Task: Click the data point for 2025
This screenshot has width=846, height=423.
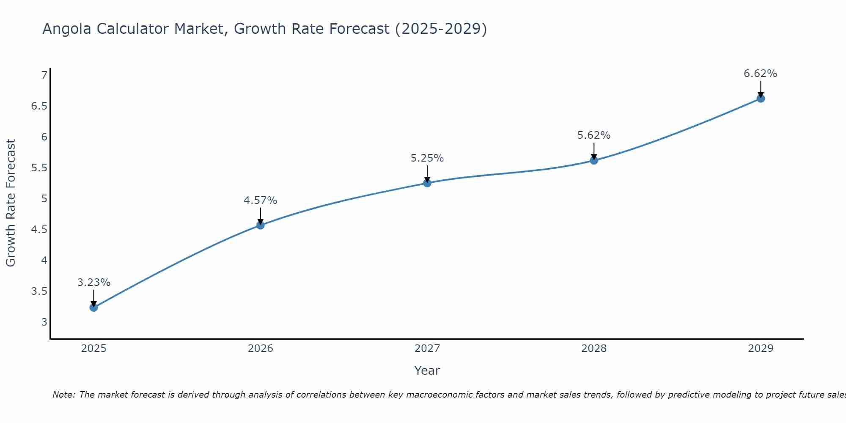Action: click(x=94, y=308)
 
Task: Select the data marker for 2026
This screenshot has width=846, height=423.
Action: click(x=261, y=225)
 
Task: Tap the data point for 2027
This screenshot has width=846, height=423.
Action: click(x=427, y=183)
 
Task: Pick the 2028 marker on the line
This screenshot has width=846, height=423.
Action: click(x=594, y=160)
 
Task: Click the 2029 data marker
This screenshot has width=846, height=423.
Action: click(x=761, y=99)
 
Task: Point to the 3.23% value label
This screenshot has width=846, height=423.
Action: click(x=94, y=283)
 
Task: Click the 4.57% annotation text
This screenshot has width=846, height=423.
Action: click(x=261, y=201)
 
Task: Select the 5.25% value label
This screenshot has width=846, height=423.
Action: click(x=427, y=158)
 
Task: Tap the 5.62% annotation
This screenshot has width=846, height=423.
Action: click(x=594, y=135)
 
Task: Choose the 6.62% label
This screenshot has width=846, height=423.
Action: click(x=761, y=74)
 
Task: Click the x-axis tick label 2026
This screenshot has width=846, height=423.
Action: click(x=261, y=349)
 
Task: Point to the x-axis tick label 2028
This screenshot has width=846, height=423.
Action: click(x=594, y=349)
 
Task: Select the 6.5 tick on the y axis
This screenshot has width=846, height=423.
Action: click(x=39, y=106)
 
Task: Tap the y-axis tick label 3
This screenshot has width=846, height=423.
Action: click(x=44, y=322)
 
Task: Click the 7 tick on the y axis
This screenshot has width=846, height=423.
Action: click(x=44, y=75)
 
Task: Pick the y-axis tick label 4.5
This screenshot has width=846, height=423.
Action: click(x=39, y=230)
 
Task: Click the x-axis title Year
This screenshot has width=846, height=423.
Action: click(x=427, y=371)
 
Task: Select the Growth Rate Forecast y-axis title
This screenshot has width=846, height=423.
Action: click(x=11, y=203)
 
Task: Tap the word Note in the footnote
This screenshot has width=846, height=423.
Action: click(x=63, y=395)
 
